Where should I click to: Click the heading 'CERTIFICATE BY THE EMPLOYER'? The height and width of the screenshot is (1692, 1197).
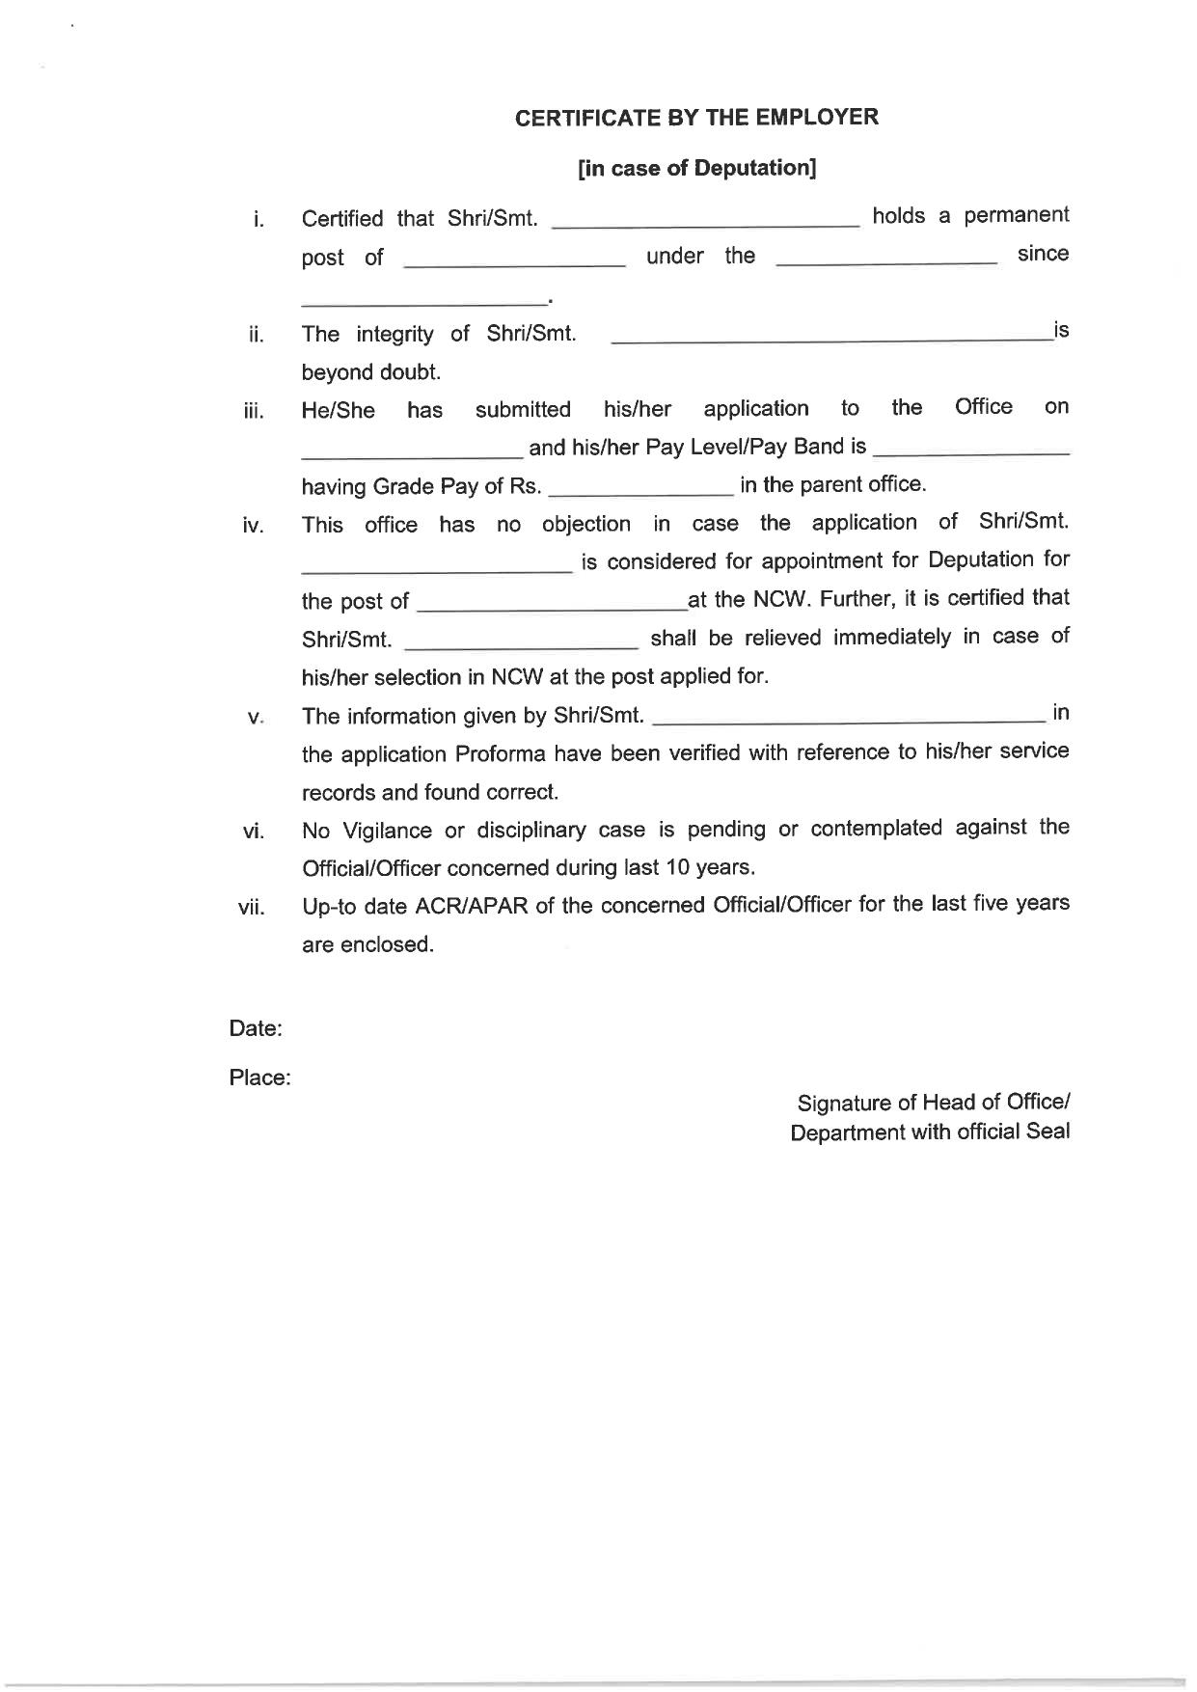click(696, 118)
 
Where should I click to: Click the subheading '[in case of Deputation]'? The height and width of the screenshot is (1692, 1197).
click(696, 169)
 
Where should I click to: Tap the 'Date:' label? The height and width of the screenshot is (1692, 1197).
click(256, 1028)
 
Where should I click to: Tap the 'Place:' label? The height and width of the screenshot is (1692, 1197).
click(259, 1078)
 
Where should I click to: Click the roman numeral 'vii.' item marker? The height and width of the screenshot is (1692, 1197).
click(252, 908)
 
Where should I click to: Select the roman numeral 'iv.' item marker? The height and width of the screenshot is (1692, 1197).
click(254, 526)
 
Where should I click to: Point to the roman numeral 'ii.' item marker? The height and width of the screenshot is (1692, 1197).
click(256, 335)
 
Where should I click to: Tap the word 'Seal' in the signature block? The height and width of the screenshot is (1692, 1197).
click(1047, 1132)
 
